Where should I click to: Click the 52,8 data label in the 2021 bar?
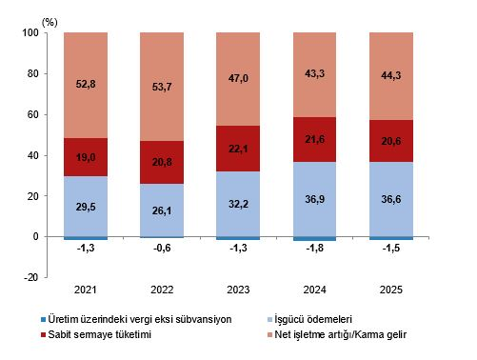click(x=86, y=84)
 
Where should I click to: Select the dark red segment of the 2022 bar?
click(x=162, y=162)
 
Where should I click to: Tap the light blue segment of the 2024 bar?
click(x=314, y=199)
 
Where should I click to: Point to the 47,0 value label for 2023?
click(x=238, y=78)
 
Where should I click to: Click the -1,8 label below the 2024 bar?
click(x=315, y=248)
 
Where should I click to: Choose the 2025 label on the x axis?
click(x=391, y=290)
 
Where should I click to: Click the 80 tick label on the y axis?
click(x=32, y=73)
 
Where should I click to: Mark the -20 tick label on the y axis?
click(x=30, y=277)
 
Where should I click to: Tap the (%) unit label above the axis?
click(x=50, y=23)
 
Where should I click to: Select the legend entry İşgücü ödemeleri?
click(x=313, y=319)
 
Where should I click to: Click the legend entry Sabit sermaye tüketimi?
click(x=100, y=334)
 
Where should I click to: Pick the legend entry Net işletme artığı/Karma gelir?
click(x=341, y=334)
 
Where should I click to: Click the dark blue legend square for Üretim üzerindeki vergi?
click(x=44, y=319)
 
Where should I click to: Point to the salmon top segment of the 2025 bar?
click(x=391, y=76)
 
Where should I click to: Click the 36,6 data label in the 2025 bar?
click(x=391, y=199)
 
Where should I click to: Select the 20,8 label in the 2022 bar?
click(x=162, y=162)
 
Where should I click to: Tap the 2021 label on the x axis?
click(x=85, y=290)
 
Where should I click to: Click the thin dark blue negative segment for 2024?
click(x=314, y=239)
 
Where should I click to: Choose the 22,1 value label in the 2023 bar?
click(x=238, y=149)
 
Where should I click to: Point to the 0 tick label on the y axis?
click(x=35, y=236)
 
